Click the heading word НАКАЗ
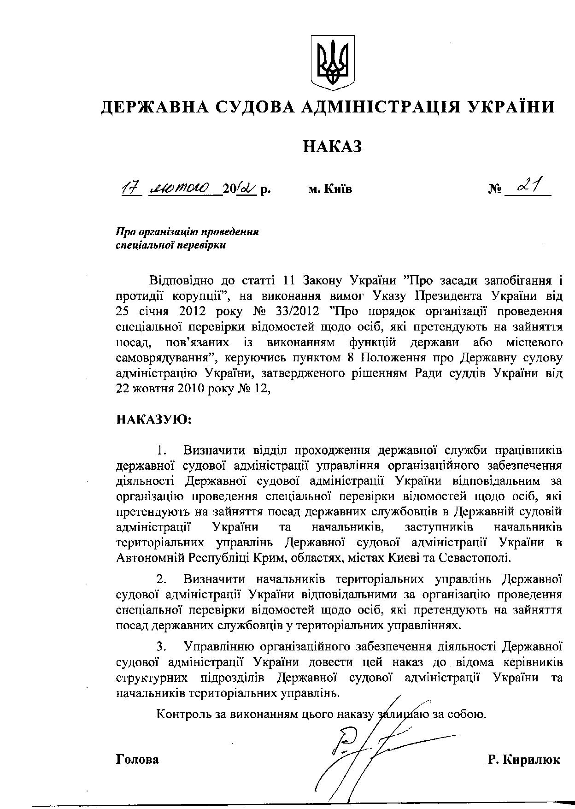332,147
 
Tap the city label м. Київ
330,189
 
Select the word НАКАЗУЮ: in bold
154,419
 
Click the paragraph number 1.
160,449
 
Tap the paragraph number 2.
160,579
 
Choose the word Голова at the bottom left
137,760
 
